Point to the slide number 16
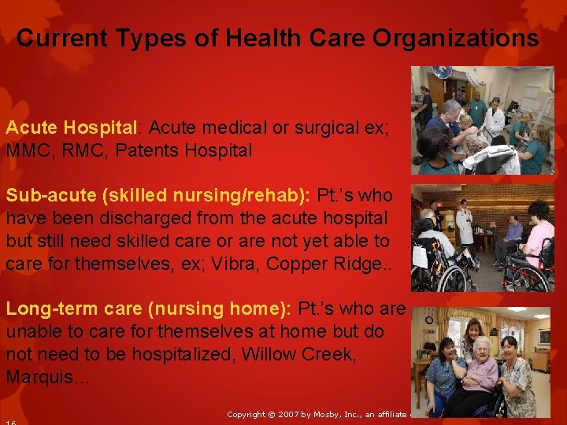pos(11,423)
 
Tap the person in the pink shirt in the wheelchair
pos(540,240)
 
